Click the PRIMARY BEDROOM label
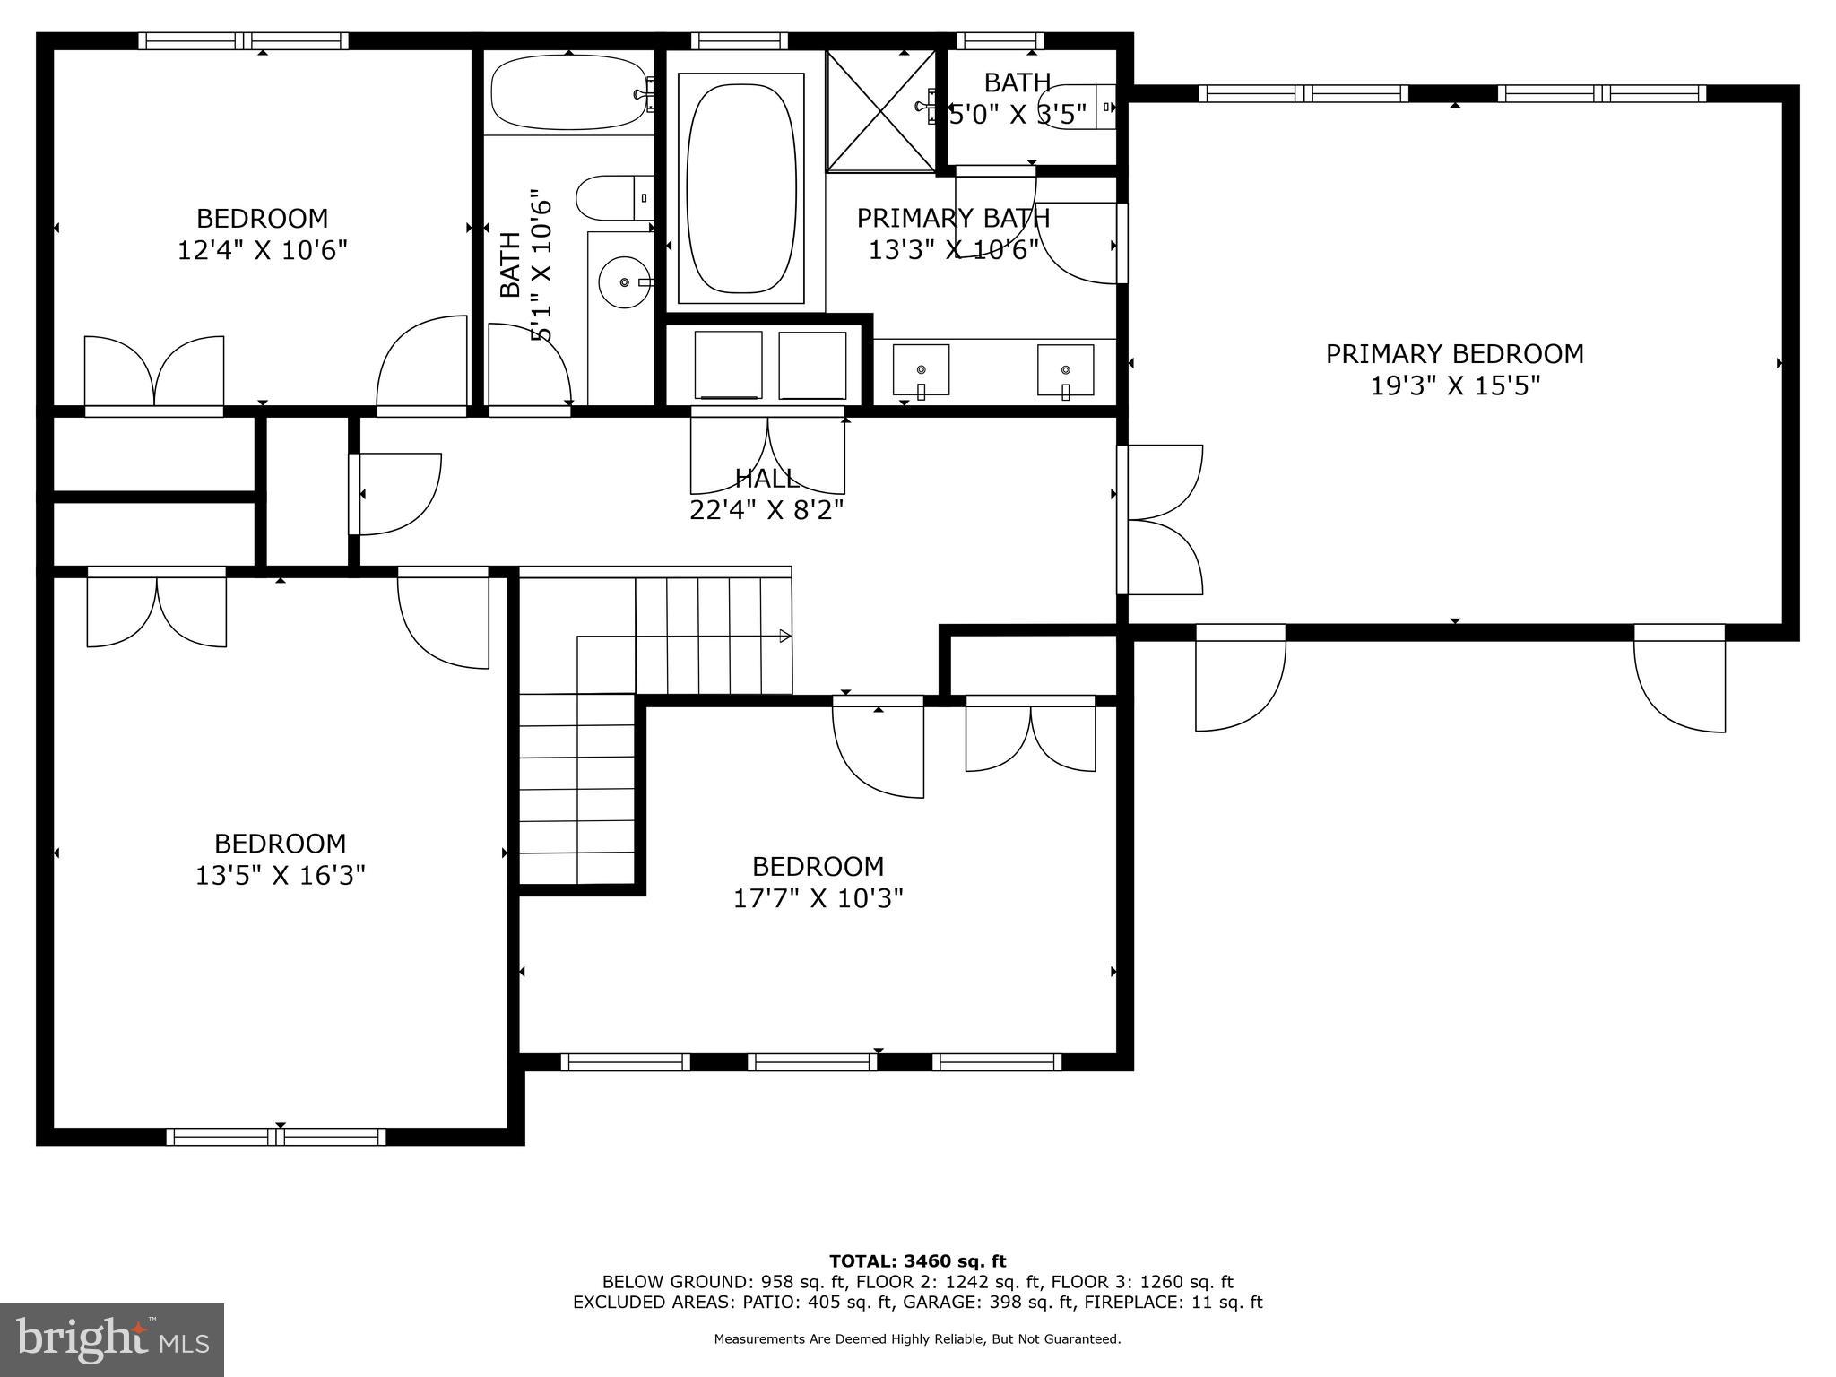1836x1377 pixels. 1454,354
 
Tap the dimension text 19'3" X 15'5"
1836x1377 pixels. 1454,386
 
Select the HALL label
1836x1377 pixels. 766,478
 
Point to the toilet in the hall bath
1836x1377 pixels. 613,198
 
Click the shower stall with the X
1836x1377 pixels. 879,109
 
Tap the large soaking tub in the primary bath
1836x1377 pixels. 740,188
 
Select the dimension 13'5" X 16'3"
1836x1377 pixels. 280,875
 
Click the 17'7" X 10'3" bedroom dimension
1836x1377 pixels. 818,898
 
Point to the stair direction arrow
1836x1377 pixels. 784,637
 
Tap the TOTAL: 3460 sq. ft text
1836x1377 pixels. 917,1262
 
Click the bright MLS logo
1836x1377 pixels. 112,1340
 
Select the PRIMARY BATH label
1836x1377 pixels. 953,218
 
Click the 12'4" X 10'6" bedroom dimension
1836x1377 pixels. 262,250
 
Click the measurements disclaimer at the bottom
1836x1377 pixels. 917,1339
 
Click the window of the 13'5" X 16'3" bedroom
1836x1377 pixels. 276,1137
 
